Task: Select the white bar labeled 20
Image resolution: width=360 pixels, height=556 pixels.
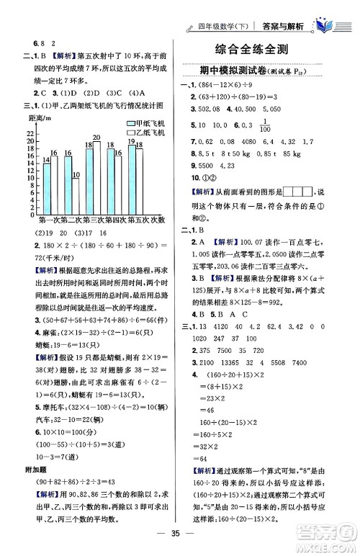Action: coord(96,175)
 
